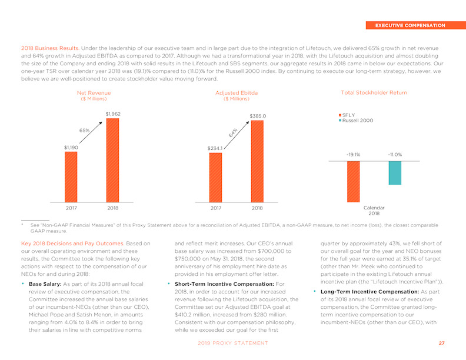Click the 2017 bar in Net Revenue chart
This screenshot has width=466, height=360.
tap(71, 177)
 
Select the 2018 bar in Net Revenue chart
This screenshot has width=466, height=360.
tap(112, 161)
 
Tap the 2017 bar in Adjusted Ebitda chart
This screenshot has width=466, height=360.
tap(215, 178)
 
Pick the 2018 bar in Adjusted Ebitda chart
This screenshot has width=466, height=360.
tap(257, 161)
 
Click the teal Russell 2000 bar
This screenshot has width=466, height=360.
tap(395, 173)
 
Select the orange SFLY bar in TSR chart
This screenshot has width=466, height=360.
tap(354, 182)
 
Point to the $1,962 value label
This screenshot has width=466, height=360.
tap(113, 114)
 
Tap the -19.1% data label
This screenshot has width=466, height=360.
tap(354, 155)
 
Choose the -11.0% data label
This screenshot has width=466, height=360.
tap(395, 155)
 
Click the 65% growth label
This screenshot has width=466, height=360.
tap(84, 131)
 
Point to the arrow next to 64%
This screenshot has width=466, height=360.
tap(237, 135)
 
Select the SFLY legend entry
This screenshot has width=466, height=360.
tap(347, 115)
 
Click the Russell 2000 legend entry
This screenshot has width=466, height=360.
tap(356, 121)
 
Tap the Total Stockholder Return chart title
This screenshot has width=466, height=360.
tap(374, 93)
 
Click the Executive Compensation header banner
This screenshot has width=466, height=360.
tap(416, 25)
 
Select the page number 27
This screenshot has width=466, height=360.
tap(442, 343)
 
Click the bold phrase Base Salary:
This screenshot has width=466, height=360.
tap(45, 284)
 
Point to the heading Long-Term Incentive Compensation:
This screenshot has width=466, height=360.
tap(370, 292)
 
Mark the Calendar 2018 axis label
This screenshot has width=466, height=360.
tap(374, 211)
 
